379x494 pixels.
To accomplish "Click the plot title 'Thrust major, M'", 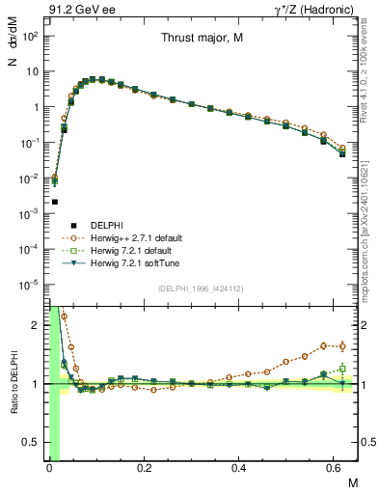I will (200, 40).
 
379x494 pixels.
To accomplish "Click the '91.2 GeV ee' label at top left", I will (75, 9).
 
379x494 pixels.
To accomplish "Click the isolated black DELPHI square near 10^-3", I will (55, 202).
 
